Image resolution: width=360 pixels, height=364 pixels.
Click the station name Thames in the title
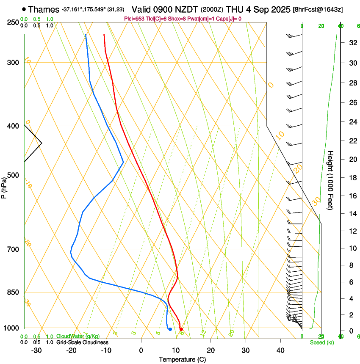click(x=44, y=9)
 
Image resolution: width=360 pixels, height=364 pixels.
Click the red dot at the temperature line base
click(x=181, y=329)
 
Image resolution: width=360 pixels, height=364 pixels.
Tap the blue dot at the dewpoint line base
click(x=170, y=329)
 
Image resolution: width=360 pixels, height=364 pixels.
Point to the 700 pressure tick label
click(x=13, y=249)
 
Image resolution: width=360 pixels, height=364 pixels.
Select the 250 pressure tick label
click(x=13, y=22)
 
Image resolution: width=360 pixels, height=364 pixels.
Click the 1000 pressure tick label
click(x=11, y=328)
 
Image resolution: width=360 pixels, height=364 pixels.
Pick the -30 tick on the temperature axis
click(x=36, y=350)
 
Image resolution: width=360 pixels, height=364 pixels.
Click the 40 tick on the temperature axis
click(x=280, y=350)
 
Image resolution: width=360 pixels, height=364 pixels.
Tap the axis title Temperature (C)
click(x=182, y=360)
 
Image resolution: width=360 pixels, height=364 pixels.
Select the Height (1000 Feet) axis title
click(x=331, y=180)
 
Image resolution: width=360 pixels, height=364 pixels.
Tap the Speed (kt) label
click(x=322, y=342)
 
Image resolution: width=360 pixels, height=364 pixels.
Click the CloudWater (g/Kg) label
click(x=78, y=336)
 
